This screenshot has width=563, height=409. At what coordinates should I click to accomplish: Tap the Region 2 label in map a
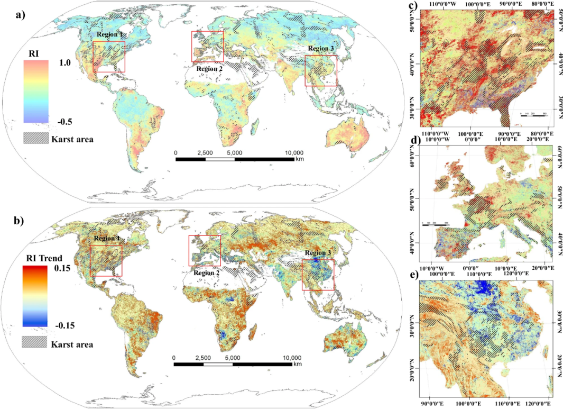[210, 68]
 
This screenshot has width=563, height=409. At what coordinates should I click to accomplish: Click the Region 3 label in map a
[321, 49]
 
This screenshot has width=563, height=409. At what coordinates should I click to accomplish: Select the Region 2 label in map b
[207, 272]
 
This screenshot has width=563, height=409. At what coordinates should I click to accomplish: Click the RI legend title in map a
[35, 53]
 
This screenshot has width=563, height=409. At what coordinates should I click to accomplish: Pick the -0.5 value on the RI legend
[64, 121]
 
